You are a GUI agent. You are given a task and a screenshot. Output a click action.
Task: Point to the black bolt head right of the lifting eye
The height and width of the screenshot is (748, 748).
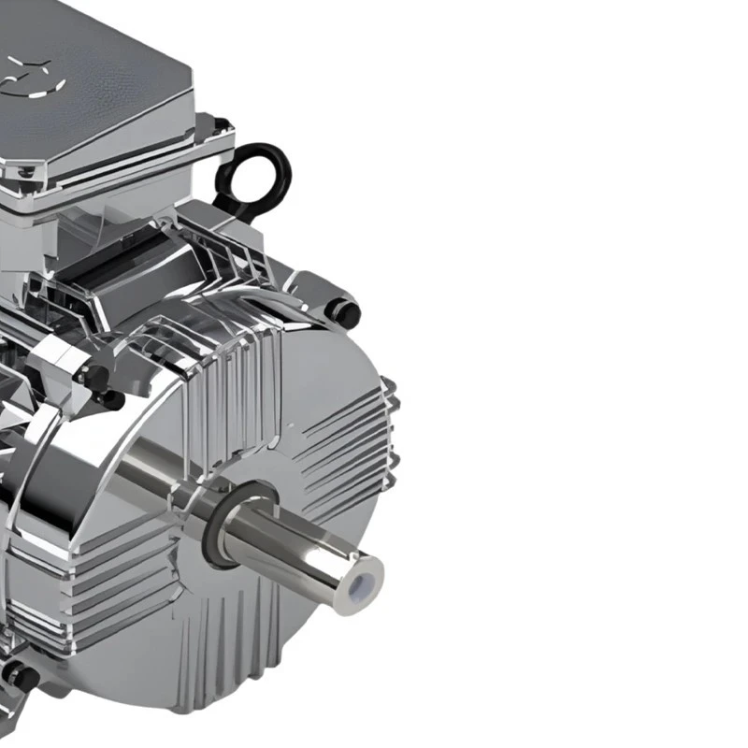[x=343, y=311]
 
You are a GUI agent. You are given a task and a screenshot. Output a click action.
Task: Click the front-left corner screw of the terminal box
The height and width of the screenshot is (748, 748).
[x=25, y=173]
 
